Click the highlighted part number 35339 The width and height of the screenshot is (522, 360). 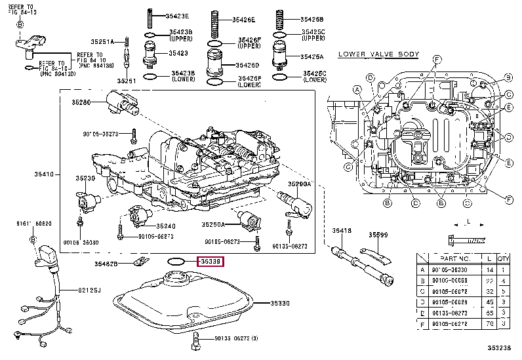coord(211,262)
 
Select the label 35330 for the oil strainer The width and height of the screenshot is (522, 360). coord(281,303)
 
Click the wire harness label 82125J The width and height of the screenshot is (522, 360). coord(90,289)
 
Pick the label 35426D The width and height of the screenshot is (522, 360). coord(248,65)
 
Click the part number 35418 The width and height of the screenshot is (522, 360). coord(341,231)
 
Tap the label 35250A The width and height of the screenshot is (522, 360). coord(213,224)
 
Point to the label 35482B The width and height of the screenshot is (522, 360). coord(106,264)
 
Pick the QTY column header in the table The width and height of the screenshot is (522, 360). coord(503,260)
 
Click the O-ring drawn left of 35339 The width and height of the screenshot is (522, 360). coord(175,261)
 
